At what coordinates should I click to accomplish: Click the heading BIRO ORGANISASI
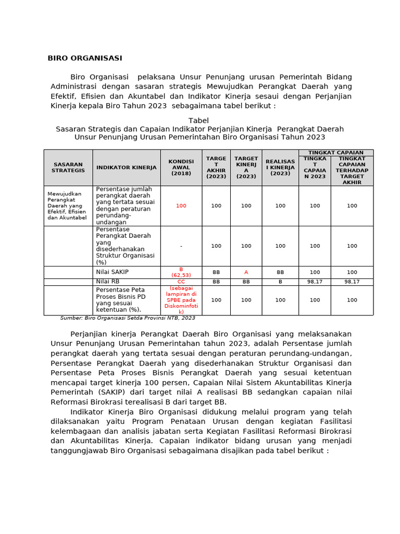(85, 58)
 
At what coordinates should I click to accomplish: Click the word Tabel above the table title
(198, 120)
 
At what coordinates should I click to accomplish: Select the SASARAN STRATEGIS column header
(68, 167)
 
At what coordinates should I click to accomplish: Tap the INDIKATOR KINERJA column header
(126, 167)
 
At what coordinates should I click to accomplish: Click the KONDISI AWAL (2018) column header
(181, 167)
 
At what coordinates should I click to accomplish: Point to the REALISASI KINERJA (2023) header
(280, 167)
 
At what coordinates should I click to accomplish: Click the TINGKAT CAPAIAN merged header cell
(335, 153)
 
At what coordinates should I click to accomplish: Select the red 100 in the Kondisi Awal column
(181, 206)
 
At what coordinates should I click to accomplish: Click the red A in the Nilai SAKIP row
(246, 272)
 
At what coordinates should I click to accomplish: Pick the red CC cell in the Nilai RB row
(181, 282)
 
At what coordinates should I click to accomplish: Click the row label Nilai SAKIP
(112, 272)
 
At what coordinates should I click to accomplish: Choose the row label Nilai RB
(108, 282)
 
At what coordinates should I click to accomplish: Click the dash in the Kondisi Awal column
(181, 246)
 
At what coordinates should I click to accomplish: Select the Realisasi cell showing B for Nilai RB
(280, 282)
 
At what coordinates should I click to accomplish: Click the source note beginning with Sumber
(128, 318)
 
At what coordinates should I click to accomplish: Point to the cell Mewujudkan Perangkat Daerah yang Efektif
(67, 205)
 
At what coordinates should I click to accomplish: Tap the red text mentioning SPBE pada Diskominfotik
(181, 300)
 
